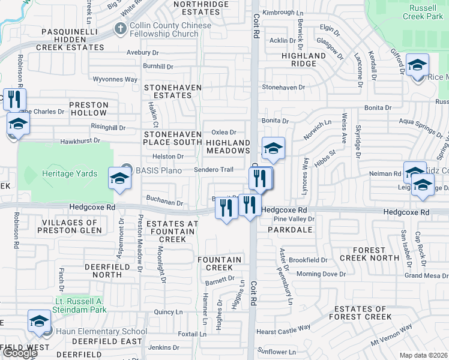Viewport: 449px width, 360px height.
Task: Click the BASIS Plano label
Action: click(x=158, y=170)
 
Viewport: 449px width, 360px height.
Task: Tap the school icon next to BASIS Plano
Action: click(x=119, y=179)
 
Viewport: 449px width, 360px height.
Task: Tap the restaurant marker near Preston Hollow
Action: click(x=14, y=98)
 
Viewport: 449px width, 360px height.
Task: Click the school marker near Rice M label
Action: click(x=417, y=65)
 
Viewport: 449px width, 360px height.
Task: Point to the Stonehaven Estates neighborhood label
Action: click(x=168, y=91)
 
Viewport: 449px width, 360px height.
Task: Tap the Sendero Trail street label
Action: click(x=213, y=170)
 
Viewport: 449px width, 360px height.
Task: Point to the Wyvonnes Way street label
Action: click(x=115, y=79)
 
